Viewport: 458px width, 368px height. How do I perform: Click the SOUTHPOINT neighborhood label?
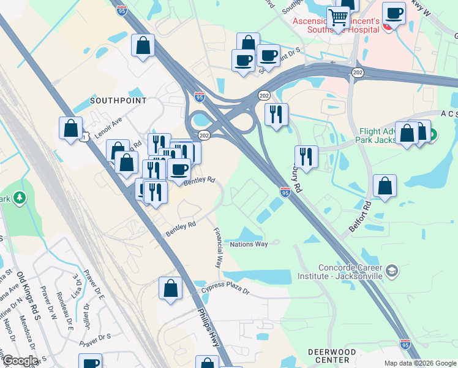(118, 100)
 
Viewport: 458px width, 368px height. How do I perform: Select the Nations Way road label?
(249, 244)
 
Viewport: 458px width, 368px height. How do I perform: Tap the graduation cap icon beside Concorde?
(392, 270)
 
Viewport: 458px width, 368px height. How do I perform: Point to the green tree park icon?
(20, 197)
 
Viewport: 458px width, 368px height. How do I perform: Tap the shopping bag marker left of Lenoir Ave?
(71, 129)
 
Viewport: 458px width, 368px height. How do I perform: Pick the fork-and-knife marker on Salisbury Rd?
(305, 156)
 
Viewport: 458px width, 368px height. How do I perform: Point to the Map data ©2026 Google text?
(420, 363)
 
